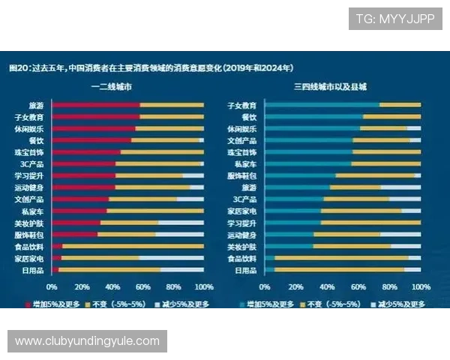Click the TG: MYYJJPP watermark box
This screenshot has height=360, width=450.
pos(395,18)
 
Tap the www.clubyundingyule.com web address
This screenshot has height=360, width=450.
pos(87,341)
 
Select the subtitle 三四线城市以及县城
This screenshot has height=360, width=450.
pos(330,88)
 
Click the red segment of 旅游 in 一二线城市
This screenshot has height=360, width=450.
pos(96,106)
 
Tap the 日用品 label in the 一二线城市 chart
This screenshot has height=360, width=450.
pos(35,270)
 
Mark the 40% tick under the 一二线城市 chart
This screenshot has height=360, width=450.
pos(112,287)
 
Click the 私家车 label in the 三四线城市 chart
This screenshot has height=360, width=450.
pos(246,164)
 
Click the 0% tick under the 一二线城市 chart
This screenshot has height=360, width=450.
pos(52,287)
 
